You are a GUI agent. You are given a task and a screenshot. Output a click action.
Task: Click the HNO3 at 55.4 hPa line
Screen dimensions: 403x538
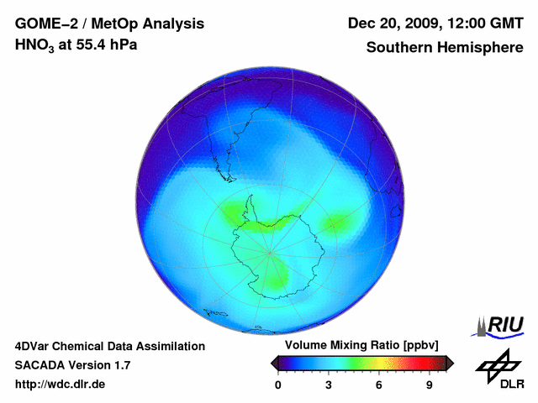pos(76,45)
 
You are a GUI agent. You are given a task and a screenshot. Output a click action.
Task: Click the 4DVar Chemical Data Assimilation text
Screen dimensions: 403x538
pos(110,346)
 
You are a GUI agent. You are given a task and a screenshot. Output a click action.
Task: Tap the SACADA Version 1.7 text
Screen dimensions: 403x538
pos(72,365)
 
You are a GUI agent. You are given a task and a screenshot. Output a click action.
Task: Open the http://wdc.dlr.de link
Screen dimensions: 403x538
pos(61,385)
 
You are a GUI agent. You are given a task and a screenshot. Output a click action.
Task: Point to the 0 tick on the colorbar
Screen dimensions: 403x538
pos(278,385)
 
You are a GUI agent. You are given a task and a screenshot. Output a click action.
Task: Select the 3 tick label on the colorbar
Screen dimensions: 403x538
pos(329,385)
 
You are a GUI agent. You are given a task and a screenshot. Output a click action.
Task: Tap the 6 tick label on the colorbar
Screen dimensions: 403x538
pos(379,385)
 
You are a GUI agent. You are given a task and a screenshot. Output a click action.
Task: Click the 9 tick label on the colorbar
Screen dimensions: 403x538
pos(429,385)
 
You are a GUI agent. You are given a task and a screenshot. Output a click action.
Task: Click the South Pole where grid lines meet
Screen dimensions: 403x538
pos(269,251)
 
